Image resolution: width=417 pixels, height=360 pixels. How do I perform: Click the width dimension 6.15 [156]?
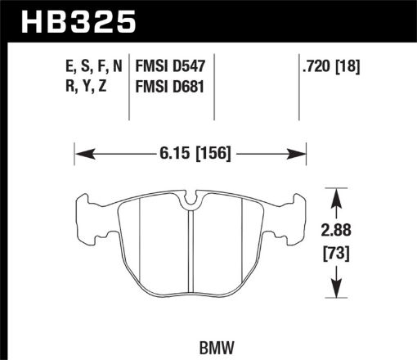[190, 151]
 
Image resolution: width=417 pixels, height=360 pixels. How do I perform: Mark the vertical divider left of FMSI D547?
[131, 90]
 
